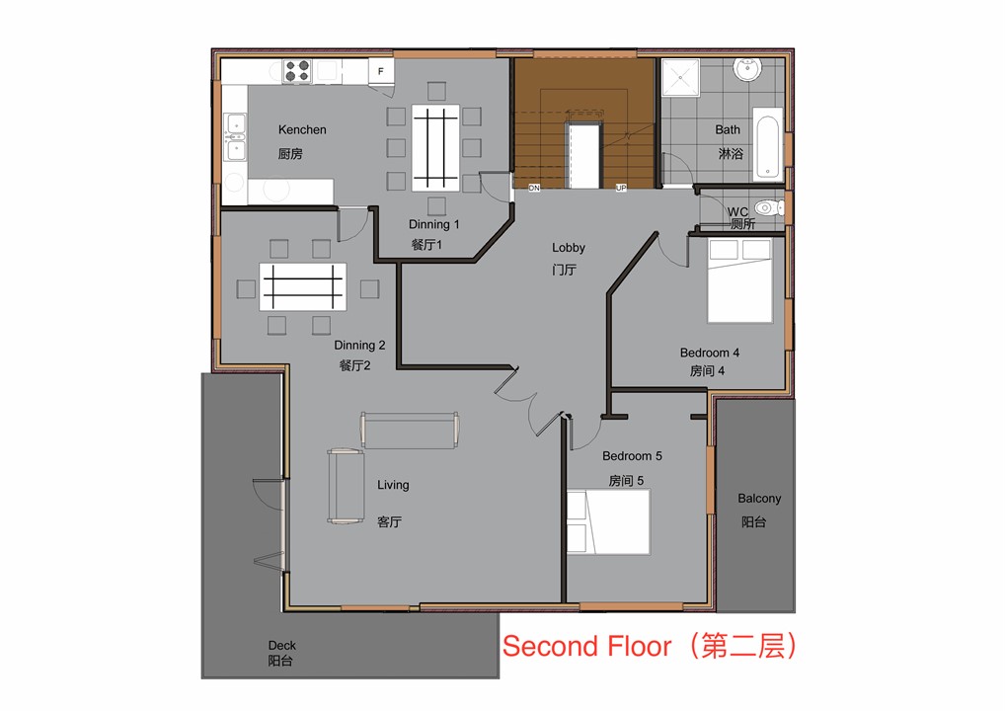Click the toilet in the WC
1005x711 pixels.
[769, 207]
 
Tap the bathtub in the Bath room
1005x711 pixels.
[767, 143]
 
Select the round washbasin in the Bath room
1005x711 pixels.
[747, 68]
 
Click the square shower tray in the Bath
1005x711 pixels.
[680, 78]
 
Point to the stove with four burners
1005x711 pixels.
[297, 70]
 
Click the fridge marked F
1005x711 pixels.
[381, 71]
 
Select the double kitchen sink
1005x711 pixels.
[235, 136]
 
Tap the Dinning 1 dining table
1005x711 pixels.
[435, 148]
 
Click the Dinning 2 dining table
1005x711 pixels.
[302, 286]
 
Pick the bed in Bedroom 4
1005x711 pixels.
[739, 280]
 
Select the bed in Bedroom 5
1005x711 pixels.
[608, 521]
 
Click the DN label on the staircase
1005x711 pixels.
[534, 188]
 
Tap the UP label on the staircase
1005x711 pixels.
[620, 188]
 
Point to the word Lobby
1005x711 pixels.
[569, 248]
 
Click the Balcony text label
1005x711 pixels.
[759, 499]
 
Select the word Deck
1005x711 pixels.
[282, 645]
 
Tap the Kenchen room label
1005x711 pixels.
[302, 129]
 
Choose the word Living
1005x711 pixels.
[393, 485]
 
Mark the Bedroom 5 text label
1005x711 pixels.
[632, 456]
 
